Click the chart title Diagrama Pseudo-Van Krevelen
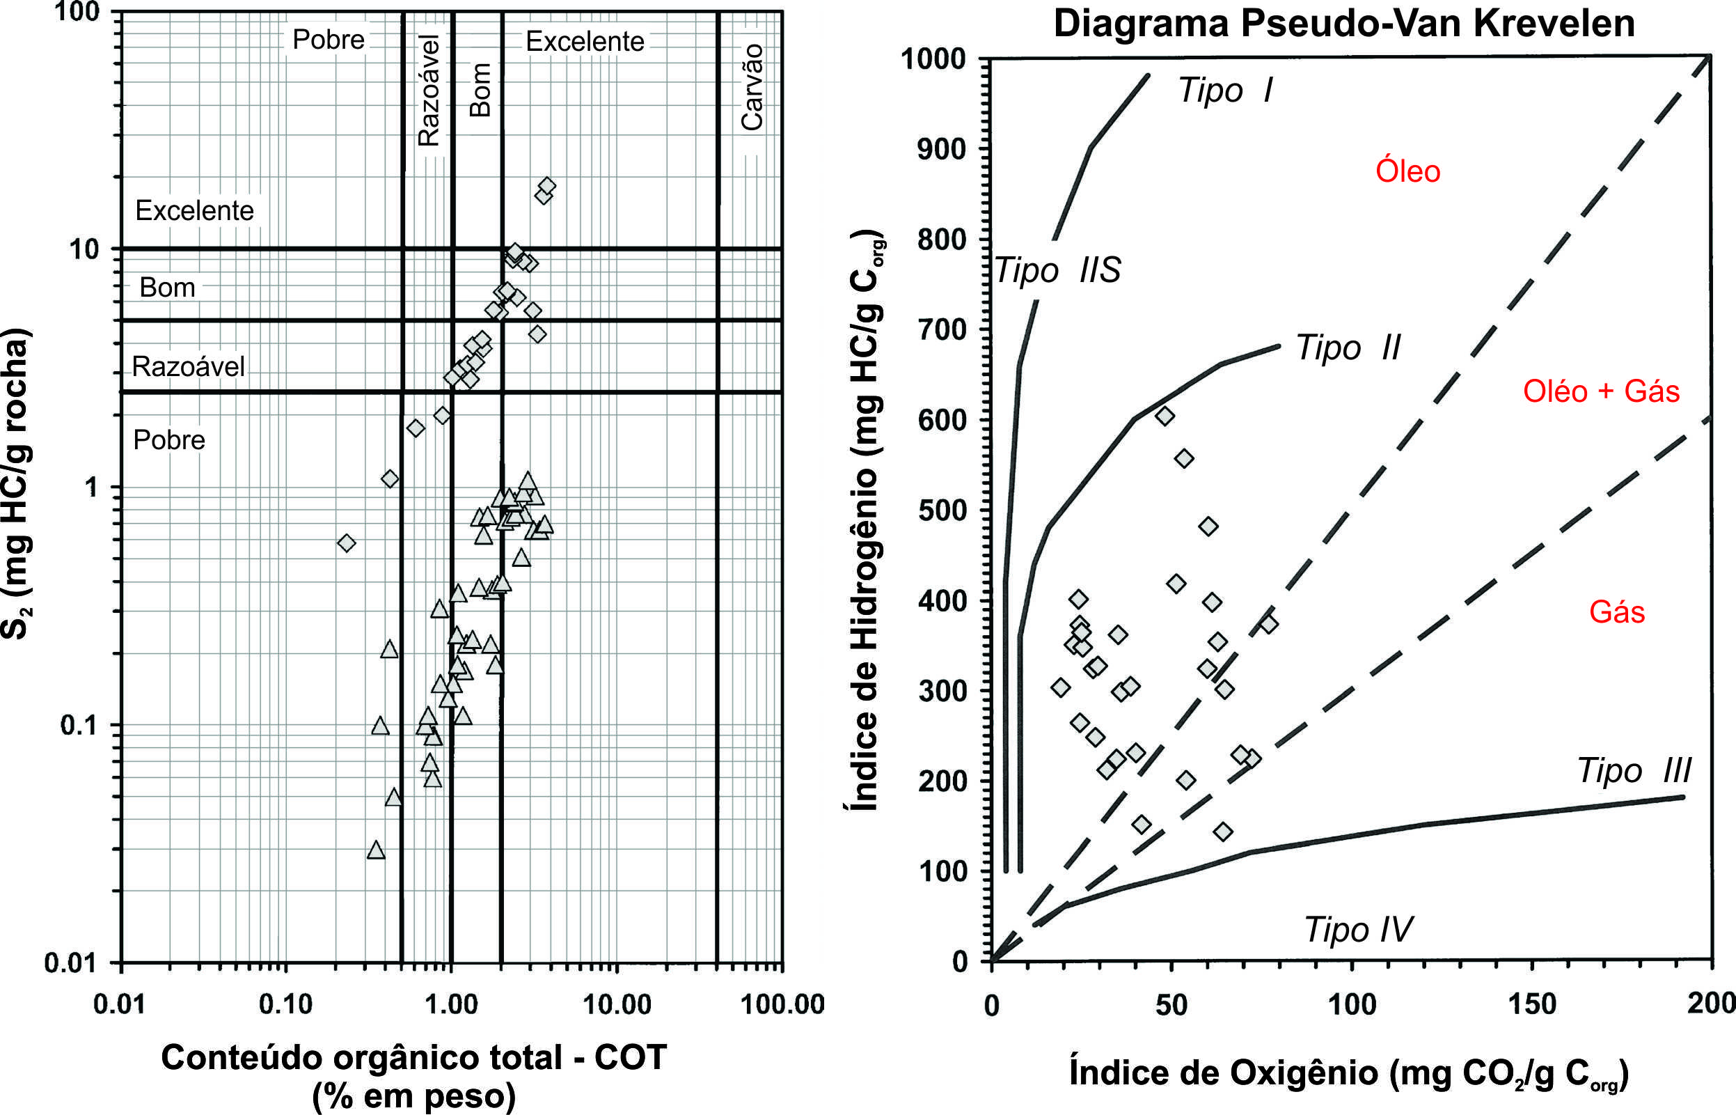1344,23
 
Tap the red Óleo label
1407,171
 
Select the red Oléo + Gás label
1601,391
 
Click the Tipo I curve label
1224,91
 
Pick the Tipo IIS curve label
1057,271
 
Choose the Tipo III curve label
1633,770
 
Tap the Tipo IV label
1357,930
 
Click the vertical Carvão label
752,87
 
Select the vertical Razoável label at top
429,91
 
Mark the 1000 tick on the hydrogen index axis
933,59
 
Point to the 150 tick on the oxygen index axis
1532,1004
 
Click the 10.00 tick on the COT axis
617,1004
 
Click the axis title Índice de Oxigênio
1348,1073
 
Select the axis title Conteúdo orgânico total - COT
413,1058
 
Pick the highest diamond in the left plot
547,186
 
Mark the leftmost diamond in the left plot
347,543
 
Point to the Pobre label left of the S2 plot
169,440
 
